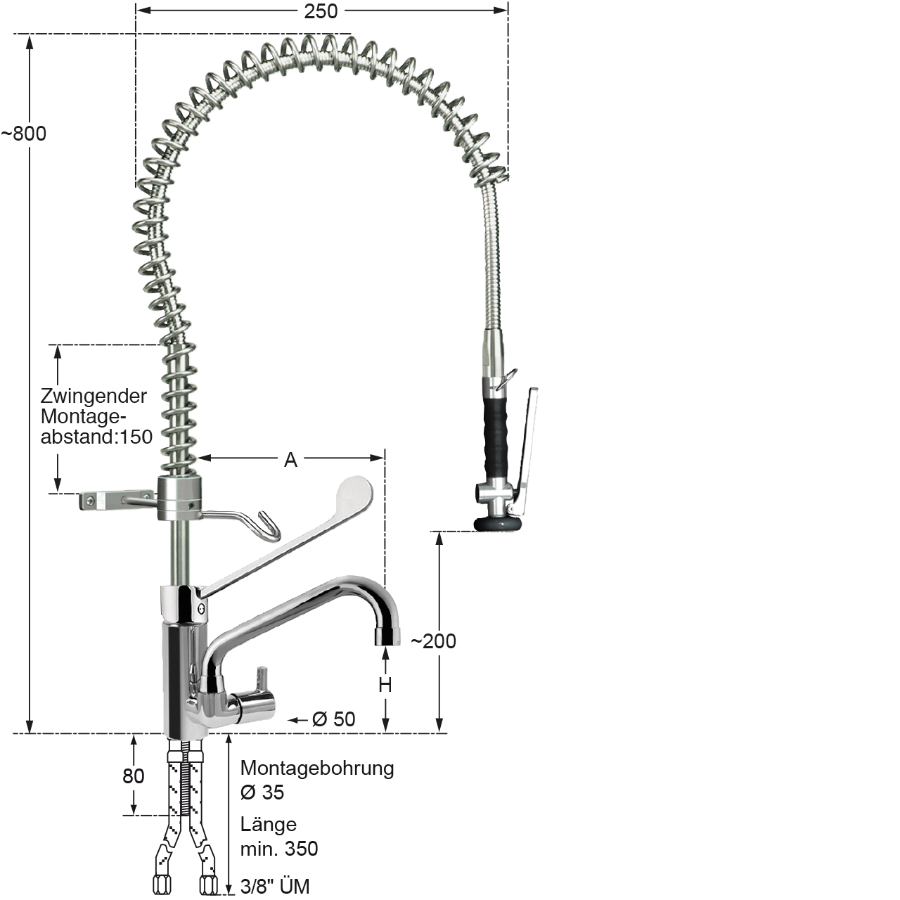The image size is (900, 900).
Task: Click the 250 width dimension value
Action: click(x=321, y=11)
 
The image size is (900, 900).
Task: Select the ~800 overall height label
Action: click(x=24, y=134)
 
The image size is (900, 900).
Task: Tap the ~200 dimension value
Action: click(x=433, y=641)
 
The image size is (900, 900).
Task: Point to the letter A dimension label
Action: click(x=290, y=460)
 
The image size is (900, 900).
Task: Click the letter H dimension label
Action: click(x=385, y=685)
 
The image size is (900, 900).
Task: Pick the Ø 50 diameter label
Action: click(x=333, y=719)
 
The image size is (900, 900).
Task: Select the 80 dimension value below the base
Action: click(x=133, y=776)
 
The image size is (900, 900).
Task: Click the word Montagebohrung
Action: click(x=317, y=769)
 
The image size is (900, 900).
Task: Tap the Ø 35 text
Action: click(x=262, y=792)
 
